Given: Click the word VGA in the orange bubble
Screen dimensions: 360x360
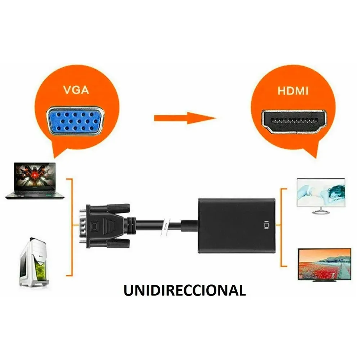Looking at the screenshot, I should [76, 90].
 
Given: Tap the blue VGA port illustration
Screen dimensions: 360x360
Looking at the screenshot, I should [75, 120].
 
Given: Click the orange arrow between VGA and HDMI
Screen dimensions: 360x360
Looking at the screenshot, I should [184, 118].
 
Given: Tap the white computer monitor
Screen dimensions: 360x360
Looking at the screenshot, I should [320, 195].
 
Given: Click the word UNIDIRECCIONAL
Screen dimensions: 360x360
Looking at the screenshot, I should [185, 290].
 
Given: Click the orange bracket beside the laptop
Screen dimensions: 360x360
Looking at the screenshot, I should [71, 227].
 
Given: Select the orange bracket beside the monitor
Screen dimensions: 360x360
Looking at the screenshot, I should [283, 227].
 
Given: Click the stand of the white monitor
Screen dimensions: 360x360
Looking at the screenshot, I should [320, 211].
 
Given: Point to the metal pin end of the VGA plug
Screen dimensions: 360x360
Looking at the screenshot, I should [82, 226].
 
